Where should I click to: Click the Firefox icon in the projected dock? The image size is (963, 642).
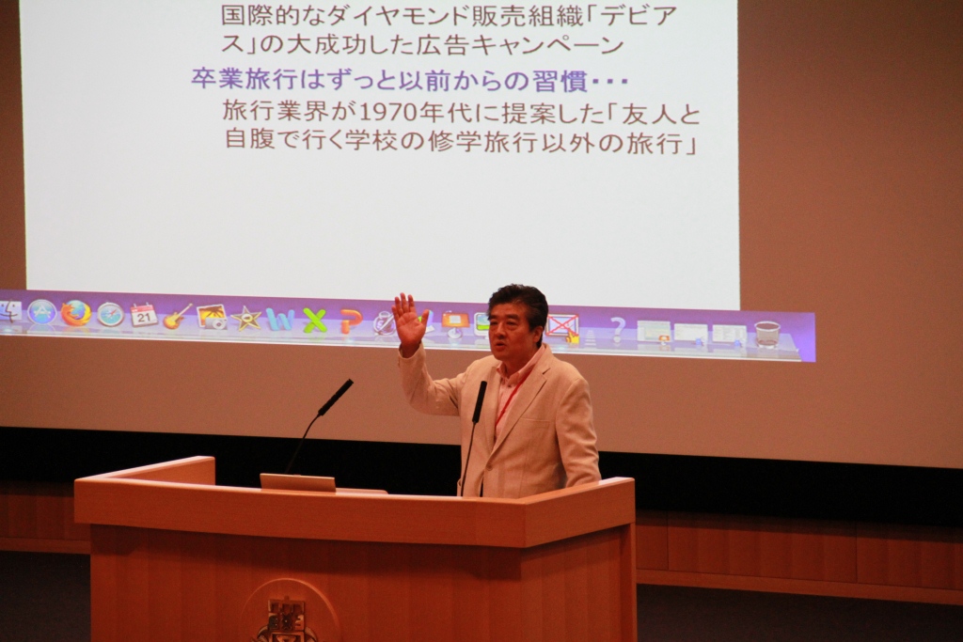(x=75, y=314)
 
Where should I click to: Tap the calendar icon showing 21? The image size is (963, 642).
(x=144, y=316)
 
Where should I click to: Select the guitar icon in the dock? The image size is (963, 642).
(x=177, y=317)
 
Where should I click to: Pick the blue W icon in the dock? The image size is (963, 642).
(x=280, y=320)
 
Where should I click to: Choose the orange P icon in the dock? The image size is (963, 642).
(x=350, y=321)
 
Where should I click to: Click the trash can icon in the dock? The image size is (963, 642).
(x=766, y=335)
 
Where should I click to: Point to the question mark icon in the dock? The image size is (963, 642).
(x=618, y=329)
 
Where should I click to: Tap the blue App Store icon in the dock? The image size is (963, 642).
(x=41, y=313)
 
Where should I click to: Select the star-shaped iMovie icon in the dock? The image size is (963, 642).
(x=246, y=319)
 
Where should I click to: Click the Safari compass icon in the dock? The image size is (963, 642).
(x=111, y=314)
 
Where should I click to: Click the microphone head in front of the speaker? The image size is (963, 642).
(x=480, y=400)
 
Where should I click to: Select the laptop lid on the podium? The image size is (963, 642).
(x=298, y=482)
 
